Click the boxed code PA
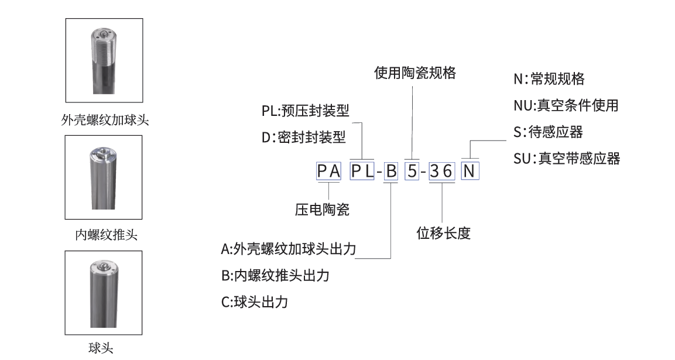329,172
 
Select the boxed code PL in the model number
362,172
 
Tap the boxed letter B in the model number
391,172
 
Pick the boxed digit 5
412,172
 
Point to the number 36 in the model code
441,172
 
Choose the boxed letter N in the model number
470,172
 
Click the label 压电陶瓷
322,210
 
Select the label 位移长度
443,233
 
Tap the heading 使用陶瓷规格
414,73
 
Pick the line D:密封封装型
303,139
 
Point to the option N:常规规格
549,79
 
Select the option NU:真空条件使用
566,105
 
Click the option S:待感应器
548,132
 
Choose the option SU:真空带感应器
566,158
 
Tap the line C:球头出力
255,303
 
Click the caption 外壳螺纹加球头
104,120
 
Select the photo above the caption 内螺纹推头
104,177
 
